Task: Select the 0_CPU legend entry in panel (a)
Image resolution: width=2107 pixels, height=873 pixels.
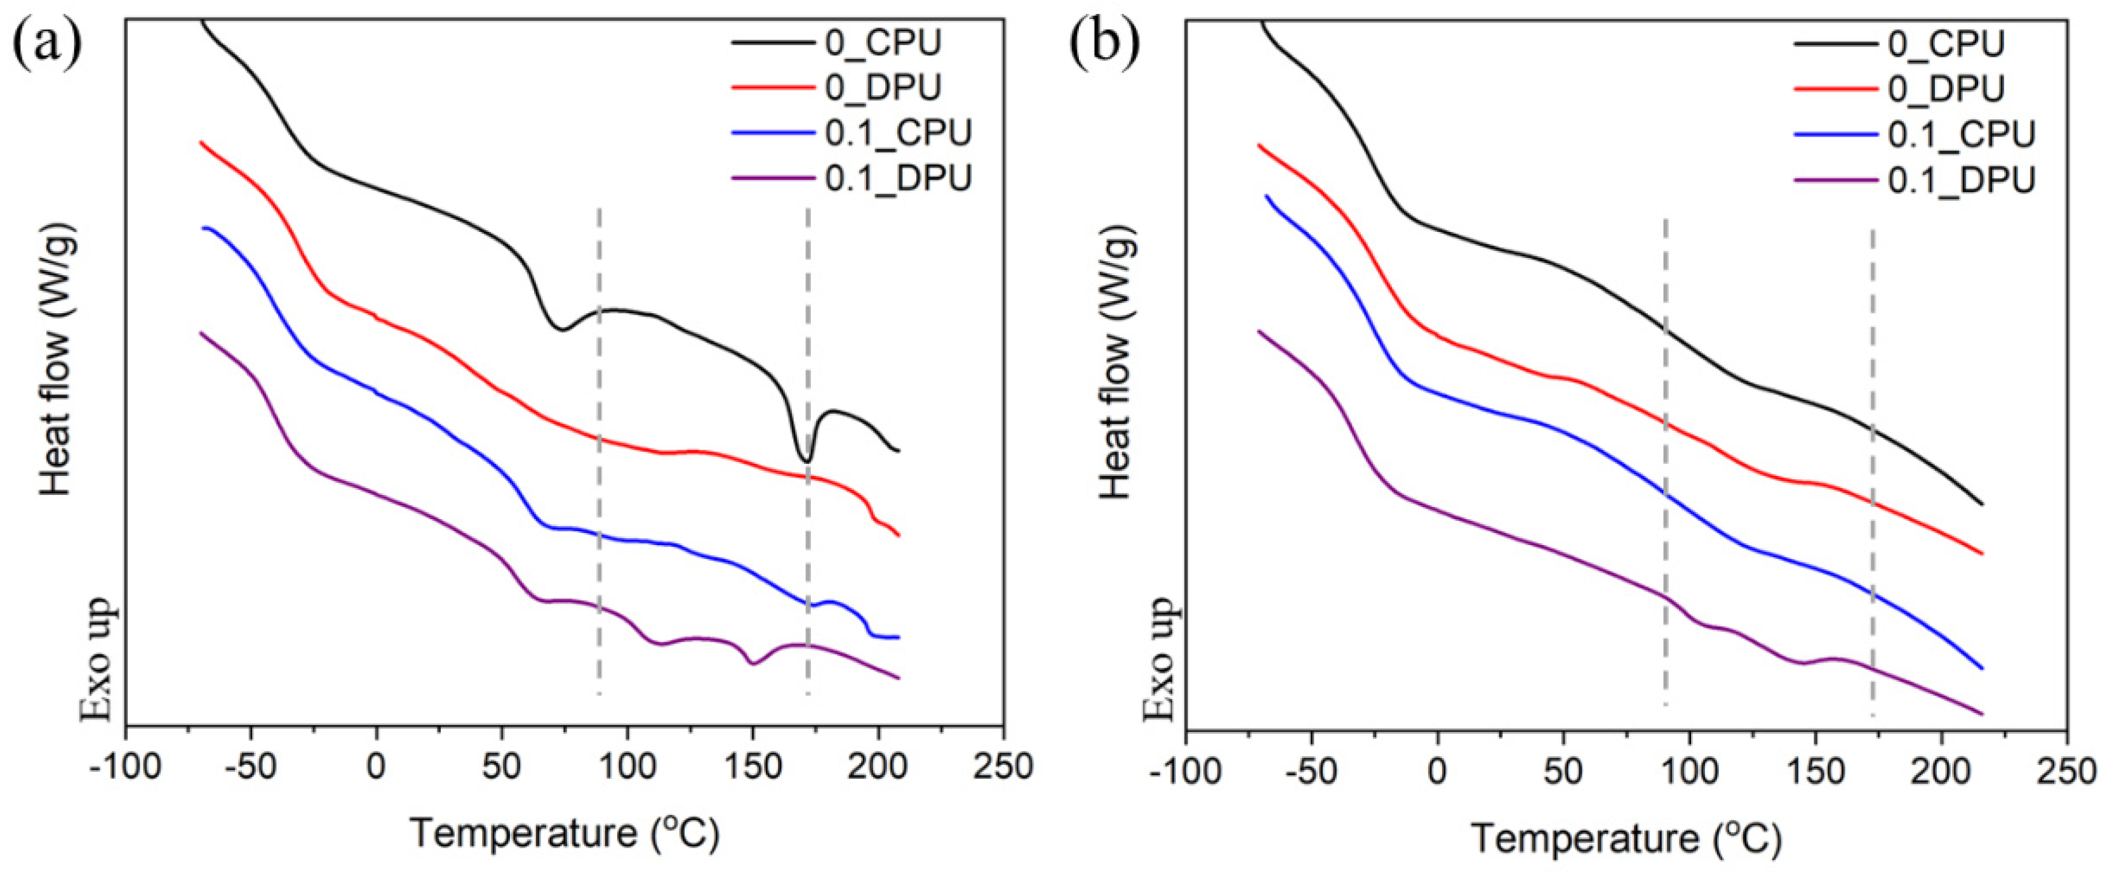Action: click(x=883, y=43)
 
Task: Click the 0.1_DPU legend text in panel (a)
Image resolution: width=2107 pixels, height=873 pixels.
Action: click(x=898, y=177)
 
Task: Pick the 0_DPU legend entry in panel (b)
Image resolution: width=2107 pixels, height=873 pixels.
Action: click(x=1946, y=88)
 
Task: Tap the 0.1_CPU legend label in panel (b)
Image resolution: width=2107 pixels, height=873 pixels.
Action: click(x=1960, y=134)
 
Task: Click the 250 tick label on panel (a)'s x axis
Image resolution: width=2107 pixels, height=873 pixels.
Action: click(x=1003, y=768)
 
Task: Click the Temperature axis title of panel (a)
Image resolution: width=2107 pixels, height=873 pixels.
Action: click(x=565, y=834)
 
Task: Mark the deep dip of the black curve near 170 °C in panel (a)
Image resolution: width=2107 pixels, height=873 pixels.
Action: click(x=806, y=461)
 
